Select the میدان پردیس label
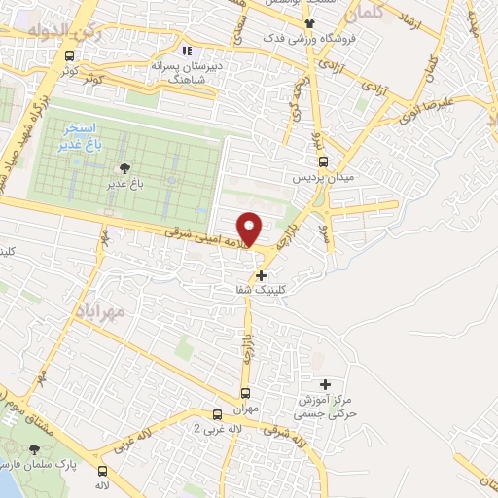click(x=318, y=179)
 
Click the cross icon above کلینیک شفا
click(x=261, y=275)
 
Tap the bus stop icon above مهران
click(x=244, y=394)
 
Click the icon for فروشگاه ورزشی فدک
click(x=309, y=23)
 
